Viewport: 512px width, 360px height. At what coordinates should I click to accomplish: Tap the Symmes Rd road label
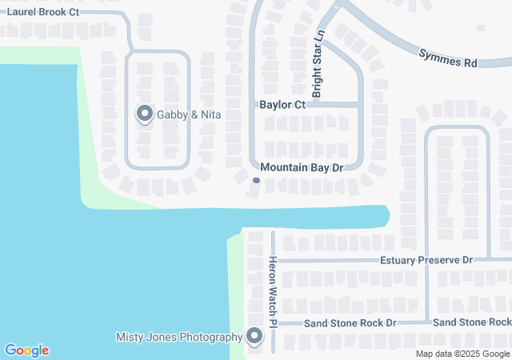click(x=448, y=58)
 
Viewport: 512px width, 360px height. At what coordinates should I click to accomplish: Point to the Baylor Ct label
click(x=282, y=105)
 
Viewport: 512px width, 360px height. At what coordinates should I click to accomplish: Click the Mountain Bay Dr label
click(x=302, y=168)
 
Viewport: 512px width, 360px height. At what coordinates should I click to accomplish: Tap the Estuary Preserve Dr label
click(x=426, y=260)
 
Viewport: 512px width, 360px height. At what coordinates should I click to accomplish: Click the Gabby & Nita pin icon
click(x=145, y=114)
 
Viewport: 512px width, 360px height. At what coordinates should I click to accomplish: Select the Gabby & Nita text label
click(x=189, y=115)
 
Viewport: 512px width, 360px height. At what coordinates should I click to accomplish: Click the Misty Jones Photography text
click(x=179, y=337)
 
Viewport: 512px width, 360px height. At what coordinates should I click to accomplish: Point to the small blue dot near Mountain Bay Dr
click(x=256, y=181)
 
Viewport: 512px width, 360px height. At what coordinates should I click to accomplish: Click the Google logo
click(x=26, y=350)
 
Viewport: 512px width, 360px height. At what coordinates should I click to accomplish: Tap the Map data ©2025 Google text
click(x=462, y=354)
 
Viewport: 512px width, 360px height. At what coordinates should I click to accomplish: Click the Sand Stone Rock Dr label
click(x=350, y=322)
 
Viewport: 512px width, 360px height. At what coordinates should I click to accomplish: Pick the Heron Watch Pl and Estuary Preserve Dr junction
click(x=273, y=260)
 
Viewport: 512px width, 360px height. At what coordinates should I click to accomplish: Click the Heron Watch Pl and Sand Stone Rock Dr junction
click(x=273, y=323)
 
